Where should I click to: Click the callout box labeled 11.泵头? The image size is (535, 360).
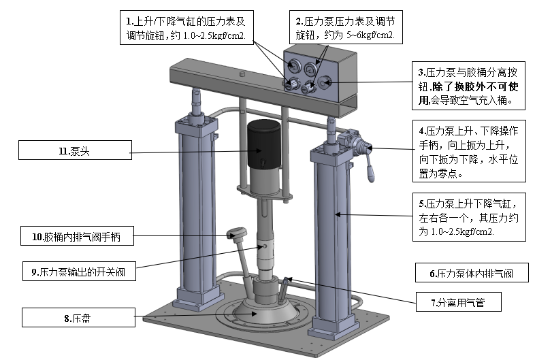click(x=75, y=150)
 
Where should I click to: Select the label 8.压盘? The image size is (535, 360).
click(x=78, y=318)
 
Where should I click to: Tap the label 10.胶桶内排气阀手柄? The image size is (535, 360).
click(x=77, y=235)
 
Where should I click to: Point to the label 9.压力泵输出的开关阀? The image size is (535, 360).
click(x=79, y=272)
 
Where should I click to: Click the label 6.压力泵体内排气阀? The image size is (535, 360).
click(x=472, y=273)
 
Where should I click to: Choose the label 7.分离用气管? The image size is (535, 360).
click(x=459, y=302)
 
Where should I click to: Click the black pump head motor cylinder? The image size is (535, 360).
click(x=263, y=144)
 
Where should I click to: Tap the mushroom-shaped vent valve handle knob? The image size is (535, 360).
click(x=236, y=233)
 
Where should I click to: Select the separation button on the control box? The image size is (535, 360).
click(x=325, y=82)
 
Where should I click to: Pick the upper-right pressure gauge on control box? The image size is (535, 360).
click(x=310, y=69)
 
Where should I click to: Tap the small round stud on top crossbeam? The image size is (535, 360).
click(x=242, y=73)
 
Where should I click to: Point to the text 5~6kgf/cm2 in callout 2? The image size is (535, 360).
click(x=370, y=35)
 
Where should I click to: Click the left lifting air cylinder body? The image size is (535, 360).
click(x=196, y=212)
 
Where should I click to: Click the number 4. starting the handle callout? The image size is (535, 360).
click(x=423, y=131)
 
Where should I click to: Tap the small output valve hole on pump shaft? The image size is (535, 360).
click(x=264, y=246)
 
